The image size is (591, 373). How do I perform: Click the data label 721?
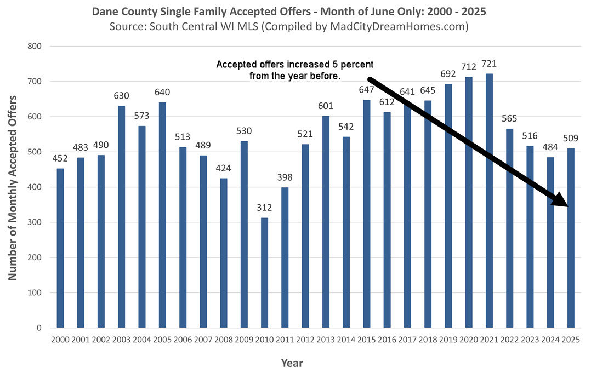pyautogui.click(x=489, y=65)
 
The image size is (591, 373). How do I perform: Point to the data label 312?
pyautogui.click(x=265, y=209)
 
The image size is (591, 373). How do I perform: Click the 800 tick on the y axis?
pyautogui.click(x=35, y=47)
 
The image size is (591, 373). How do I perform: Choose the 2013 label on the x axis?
pyautogui.click(x=326, y=340)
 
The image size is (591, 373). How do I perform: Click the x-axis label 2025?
pyautogui.click(x=571, y=340)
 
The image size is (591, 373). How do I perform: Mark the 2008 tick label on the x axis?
pyautogui.click(x=224, y=340)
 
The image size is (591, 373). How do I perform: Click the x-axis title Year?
pyautogui.click(x=292, y=363)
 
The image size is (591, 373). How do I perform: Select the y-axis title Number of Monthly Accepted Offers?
pyautogui.click(x=12, y=187)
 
